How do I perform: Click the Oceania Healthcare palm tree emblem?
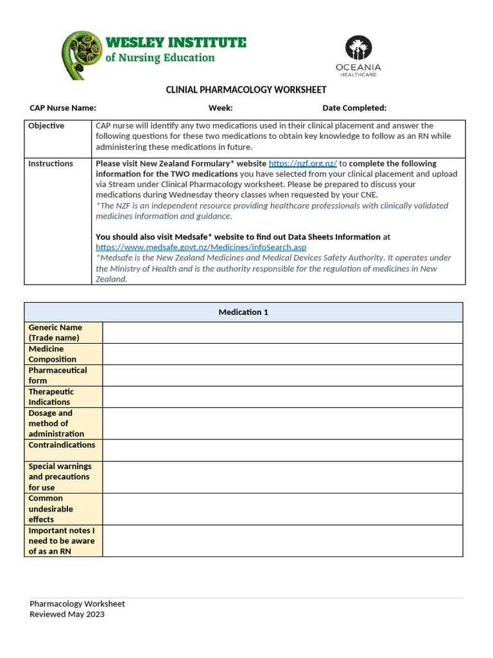point(358,48)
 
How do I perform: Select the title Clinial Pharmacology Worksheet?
point(246,90)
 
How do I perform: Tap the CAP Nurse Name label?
point(63,108)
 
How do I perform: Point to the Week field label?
point(220,108)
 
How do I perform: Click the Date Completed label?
point(354,108)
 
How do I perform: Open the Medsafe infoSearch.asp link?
point(201,247)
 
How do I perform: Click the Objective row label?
point(46,126)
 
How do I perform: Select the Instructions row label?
point(51,164)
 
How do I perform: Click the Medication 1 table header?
point(243,312)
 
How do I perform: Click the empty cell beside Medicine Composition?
point(282,354)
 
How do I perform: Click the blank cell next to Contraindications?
point(282,450)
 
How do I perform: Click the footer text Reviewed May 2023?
point(67,614)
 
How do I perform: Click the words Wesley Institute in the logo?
point(175,43)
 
